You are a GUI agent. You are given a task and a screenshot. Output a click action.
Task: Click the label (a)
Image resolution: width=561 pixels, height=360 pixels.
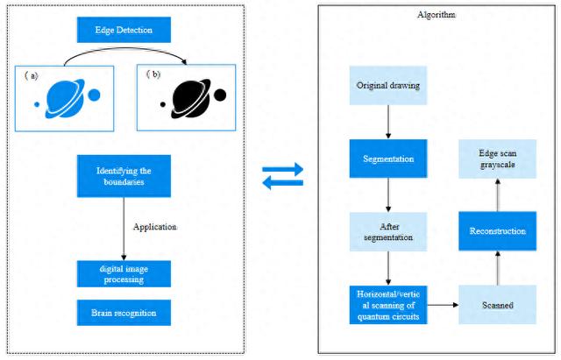click(x=32, y=76)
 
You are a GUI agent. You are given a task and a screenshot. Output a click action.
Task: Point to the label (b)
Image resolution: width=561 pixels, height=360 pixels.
click(x=156, y=76)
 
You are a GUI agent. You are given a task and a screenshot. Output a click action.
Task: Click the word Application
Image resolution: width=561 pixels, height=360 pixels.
click(x=155, y=227)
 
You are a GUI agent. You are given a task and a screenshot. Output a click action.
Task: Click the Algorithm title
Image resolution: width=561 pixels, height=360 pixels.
click(x=437, y=16)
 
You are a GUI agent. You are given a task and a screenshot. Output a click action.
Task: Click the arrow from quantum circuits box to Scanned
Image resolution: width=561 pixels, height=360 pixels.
click(x=444, y=305)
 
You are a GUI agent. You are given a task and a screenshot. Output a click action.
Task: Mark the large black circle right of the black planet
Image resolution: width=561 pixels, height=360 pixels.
click(x=220, y=95)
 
